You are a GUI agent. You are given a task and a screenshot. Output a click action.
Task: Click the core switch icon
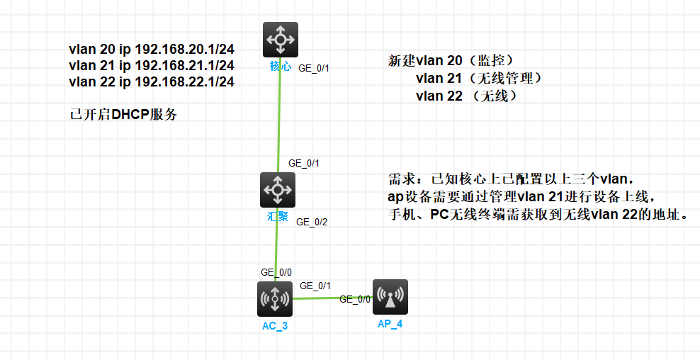[x=280, y=40]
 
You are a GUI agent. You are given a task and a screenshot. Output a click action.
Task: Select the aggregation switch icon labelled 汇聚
[x=277, y=190]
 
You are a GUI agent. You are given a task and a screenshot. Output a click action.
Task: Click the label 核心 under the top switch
[x=280, y=66]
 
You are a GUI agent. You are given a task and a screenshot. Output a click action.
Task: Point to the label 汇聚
[x=277, y=216]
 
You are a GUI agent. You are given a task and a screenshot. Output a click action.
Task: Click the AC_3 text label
[x=274, y=325]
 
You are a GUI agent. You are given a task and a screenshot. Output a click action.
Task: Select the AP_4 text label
[x=390, y=323]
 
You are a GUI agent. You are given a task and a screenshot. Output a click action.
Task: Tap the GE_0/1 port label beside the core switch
[x=314, y=69]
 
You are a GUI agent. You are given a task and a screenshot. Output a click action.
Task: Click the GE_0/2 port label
[x=312, y=222]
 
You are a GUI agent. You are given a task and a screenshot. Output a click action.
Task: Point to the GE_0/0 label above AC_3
[x=276, y=271]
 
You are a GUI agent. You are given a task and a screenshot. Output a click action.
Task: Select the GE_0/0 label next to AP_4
[x=356, y=299]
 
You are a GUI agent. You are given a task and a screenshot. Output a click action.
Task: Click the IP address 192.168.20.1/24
[x=184, y=50]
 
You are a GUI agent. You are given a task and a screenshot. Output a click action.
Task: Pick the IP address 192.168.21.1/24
[x=184, y=66]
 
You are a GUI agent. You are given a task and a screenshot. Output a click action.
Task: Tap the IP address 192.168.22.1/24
[x=184, y=82]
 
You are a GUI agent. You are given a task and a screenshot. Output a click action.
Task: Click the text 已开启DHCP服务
[x=123, y=115]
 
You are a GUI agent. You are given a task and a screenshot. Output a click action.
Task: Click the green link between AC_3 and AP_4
[x=333, y=298]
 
